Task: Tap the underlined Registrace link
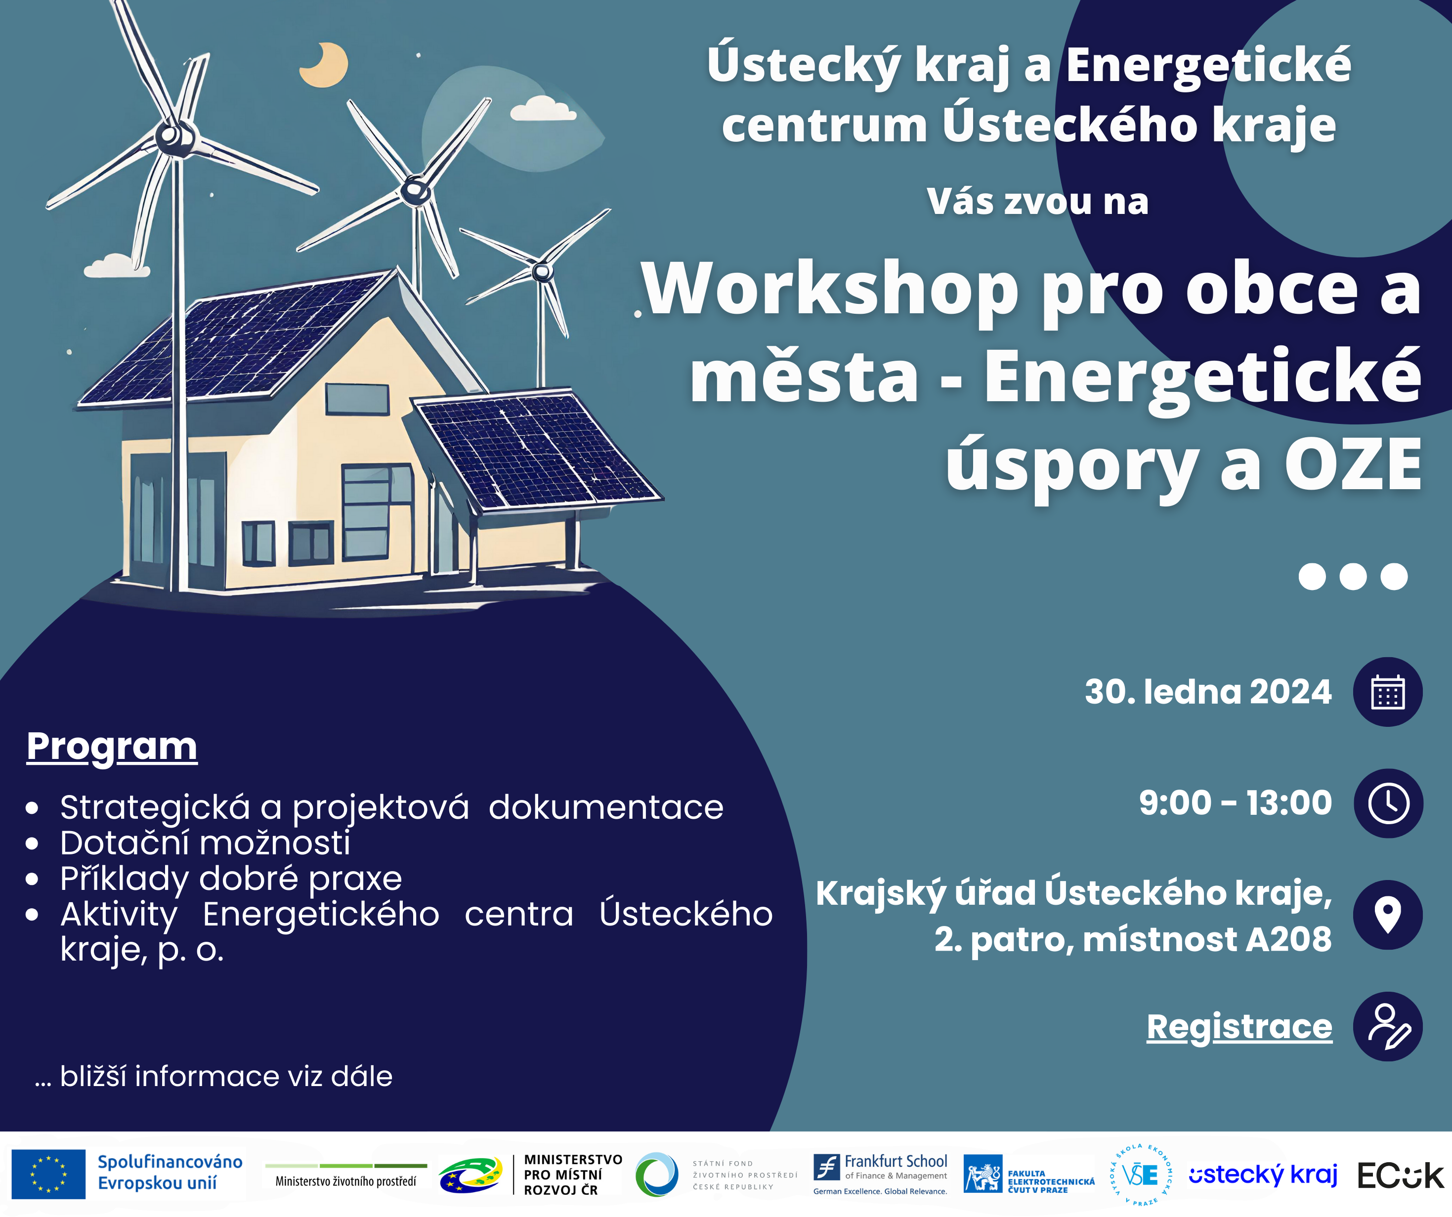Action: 1239,1027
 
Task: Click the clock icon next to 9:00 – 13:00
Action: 1388,803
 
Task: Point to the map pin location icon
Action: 1388,915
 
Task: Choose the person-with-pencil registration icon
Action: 1388,1026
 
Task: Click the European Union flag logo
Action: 48,1174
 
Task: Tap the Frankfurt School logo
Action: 880,1174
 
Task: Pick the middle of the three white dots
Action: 1353,577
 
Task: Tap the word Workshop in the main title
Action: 830,291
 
